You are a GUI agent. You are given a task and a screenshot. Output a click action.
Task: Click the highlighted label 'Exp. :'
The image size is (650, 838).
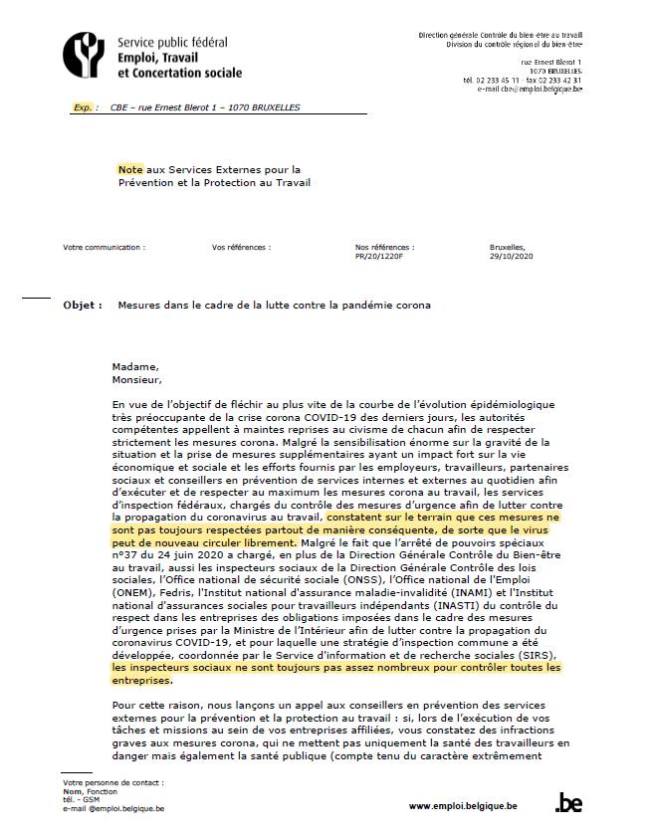pos(86,107)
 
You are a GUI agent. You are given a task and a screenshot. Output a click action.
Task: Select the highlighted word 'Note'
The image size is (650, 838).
pos(129,169)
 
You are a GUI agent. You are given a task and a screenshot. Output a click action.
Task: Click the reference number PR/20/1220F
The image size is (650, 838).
pos(378,256)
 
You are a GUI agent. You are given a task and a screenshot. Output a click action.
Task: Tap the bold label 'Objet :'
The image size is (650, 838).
pos(83,306)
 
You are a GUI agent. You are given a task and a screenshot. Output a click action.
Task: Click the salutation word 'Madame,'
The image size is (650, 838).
pos(134,366)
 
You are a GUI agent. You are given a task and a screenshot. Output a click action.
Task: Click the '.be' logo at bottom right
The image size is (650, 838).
pos(568,803)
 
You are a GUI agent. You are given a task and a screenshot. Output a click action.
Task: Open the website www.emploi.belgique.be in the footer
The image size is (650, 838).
pos(463,805)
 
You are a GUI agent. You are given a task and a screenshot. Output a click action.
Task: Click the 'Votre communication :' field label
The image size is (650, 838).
pos(104,247)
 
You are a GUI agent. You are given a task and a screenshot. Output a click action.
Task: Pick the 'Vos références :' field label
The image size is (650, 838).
pos(241,247)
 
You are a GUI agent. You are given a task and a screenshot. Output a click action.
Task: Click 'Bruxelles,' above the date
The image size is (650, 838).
pos(508,247)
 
